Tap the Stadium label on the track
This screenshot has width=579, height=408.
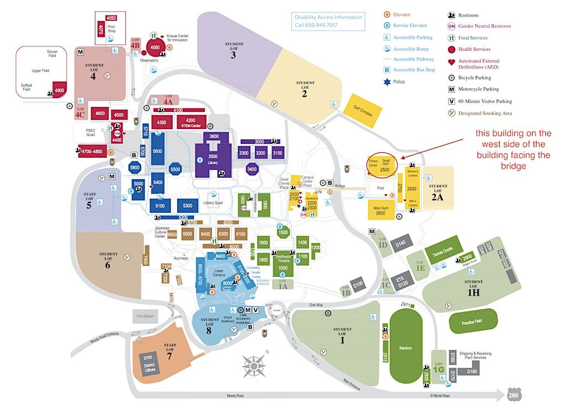point(406,348)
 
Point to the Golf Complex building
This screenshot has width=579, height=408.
point(362,111)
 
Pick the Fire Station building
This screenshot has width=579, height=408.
point(145,316)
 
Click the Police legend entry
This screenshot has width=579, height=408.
point(398,82)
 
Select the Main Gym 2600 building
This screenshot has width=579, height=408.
point(380,210)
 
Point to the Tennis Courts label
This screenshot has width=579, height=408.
point(443,251)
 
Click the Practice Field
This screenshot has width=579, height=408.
point(472,321)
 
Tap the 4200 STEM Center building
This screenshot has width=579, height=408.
point(190,122)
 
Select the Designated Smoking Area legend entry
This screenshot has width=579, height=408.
point(485,113)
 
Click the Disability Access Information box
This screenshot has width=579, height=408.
point(328,21)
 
